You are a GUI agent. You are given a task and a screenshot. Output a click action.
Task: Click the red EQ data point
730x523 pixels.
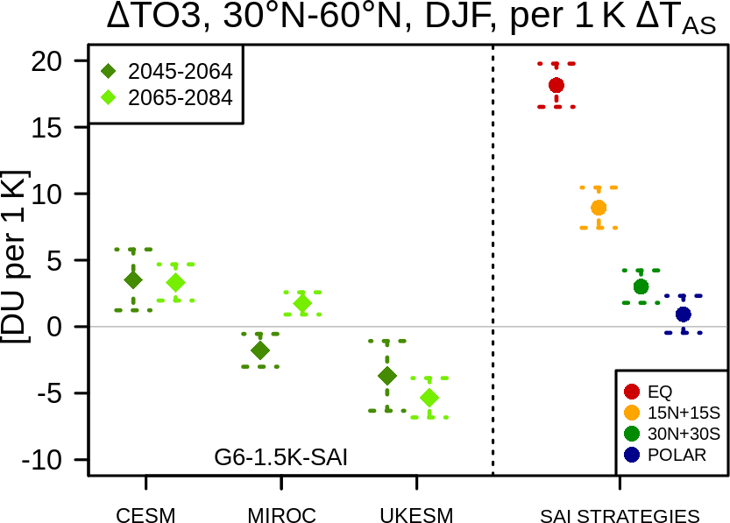click(556, 85)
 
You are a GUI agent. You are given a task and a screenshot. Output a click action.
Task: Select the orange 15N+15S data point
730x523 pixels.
click(599, 208)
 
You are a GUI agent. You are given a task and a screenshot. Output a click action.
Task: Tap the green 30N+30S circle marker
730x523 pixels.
click(641, 286)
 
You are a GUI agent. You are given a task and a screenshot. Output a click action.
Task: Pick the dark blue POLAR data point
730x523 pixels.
click(684, 315)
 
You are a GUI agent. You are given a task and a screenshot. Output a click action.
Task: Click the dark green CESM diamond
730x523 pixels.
click(133, 280)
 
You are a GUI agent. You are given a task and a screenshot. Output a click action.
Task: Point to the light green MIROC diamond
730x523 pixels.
click(302, 303)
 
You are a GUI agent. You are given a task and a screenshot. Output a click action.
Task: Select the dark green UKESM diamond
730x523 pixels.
click(386, 376)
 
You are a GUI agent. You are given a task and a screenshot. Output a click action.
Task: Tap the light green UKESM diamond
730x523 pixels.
click(429, 398)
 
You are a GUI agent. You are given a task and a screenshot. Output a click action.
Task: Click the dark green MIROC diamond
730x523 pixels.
click(259, 350)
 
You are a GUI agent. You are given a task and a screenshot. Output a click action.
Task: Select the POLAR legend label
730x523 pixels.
click(677, 455)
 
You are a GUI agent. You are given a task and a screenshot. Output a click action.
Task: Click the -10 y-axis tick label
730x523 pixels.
click(42, 460)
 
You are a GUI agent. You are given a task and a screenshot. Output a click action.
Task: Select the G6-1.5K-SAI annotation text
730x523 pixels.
click(280, 457)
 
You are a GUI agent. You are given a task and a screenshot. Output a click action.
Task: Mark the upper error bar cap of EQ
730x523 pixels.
click(556, 63)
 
